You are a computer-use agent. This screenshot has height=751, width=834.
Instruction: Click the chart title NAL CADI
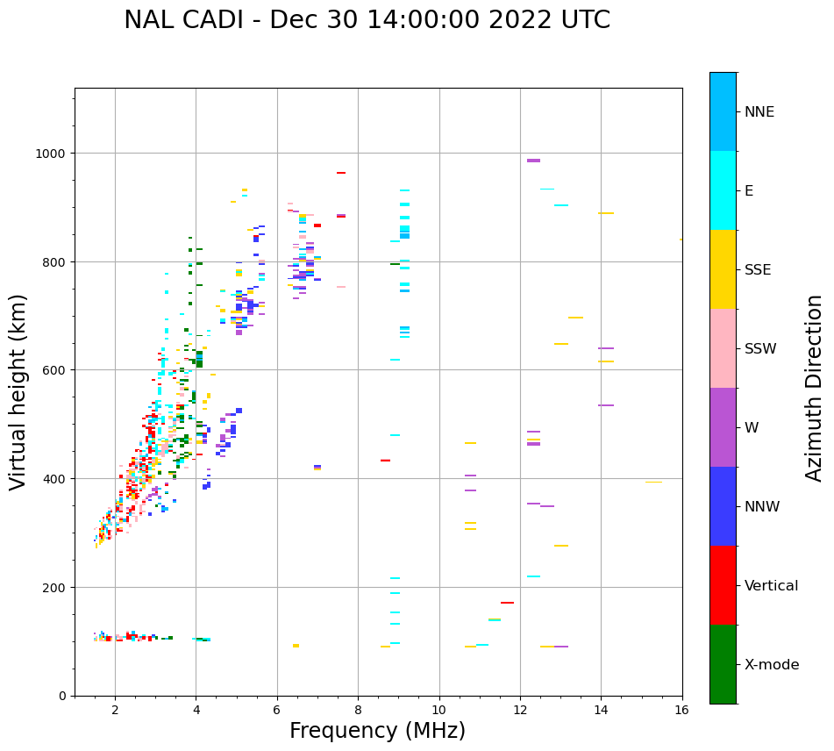[367, 20]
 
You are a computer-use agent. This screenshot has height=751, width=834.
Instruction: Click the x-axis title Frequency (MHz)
[377, 731]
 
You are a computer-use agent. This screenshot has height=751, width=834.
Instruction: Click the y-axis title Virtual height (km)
[18, 391]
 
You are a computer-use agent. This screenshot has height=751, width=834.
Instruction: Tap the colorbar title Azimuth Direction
[815, 388]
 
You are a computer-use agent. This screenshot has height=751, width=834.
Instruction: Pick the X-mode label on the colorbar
[772, 665]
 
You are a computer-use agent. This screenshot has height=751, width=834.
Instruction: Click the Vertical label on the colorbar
[772, 586]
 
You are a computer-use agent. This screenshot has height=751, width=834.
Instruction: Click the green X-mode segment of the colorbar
[723, 664]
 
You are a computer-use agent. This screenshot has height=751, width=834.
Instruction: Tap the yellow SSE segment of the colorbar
[723, 269]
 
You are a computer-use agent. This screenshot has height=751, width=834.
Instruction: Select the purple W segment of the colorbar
[723, 427]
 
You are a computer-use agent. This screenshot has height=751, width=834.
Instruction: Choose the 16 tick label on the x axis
[682, 711]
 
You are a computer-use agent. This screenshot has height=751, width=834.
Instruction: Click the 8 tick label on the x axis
[358, 711]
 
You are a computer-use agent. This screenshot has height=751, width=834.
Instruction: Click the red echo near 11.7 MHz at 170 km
[507, 603]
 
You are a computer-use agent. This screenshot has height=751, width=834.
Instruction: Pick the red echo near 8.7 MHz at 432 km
[385, 461]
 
